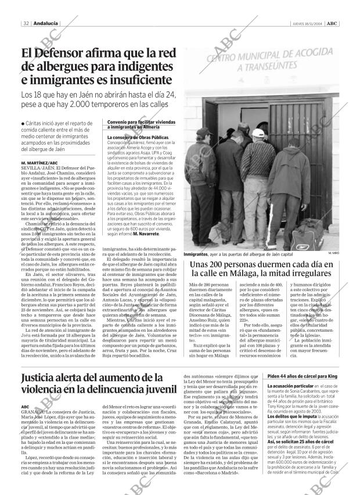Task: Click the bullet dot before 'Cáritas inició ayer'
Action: click(22, 123)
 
